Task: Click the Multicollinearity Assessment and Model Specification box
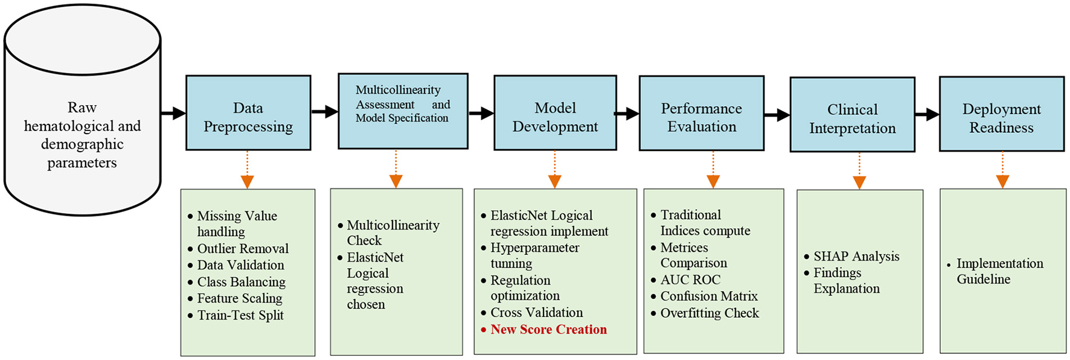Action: coord(402,111)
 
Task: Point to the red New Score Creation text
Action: coord(548,329)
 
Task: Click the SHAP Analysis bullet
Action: coord(856,256)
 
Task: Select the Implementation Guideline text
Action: coord(999,271)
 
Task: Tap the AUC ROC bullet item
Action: coord(690,280)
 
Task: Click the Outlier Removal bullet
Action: coord(243,248)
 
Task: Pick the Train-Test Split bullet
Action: coord(240,315)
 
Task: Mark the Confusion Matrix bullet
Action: coord(708,296)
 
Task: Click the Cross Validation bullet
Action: coord(536,312)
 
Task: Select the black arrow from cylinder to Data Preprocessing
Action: coord(173,113)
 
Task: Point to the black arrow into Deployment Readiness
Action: coord(927,114)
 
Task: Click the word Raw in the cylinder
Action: coord(82,108)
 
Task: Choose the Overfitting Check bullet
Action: coord(709,313)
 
